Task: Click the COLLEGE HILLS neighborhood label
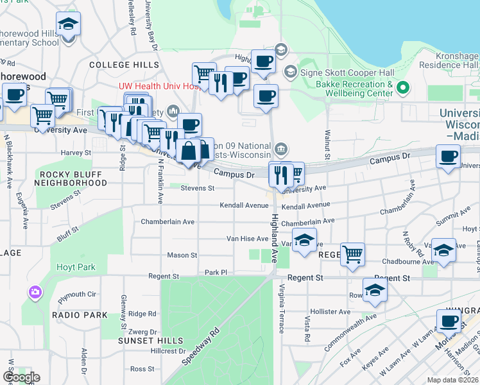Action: pos(124,65)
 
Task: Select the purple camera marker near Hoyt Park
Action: pos(34,293)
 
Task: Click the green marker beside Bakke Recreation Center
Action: pos(403,87)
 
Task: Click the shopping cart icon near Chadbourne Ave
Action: pos(352,253)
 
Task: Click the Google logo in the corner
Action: pos(21,377)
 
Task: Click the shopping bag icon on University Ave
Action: pos(189,153)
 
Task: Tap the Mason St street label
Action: pos(182,255)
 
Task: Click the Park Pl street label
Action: pos(216,273)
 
